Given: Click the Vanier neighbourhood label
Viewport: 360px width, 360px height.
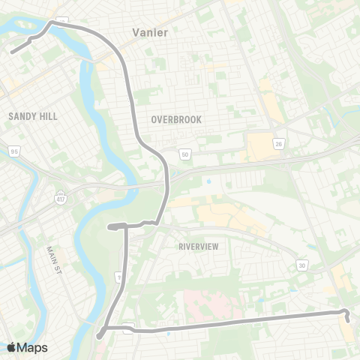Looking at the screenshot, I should coord(150,32).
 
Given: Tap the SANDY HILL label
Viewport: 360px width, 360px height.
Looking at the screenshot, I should coord(31,116).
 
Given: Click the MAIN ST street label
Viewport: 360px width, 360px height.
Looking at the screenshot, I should coord(52,259).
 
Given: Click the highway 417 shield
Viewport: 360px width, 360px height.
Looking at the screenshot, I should coord(59,197).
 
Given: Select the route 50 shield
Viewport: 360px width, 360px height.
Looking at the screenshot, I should coord(185,154).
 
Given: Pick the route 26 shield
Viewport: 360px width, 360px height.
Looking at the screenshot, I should coord(279,143).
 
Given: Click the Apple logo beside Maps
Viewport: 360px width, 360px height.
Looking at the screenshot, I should coord(11,347).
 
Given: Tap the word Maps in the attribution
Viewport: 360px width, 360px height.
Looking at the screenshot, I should coord(32,347).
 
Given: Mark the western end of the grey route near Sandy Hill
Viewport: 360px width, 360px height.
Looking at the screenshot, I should coord(13,52).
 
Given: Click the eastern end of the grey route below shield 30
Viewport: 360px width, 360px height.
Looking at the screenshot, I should coord(348,320).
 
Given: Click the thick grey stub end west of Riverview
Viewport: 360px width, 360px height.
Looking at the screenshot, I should coord(109,226).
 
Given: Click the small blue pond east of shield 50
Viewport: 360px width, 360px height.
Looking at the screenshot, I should coord(208,181).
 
